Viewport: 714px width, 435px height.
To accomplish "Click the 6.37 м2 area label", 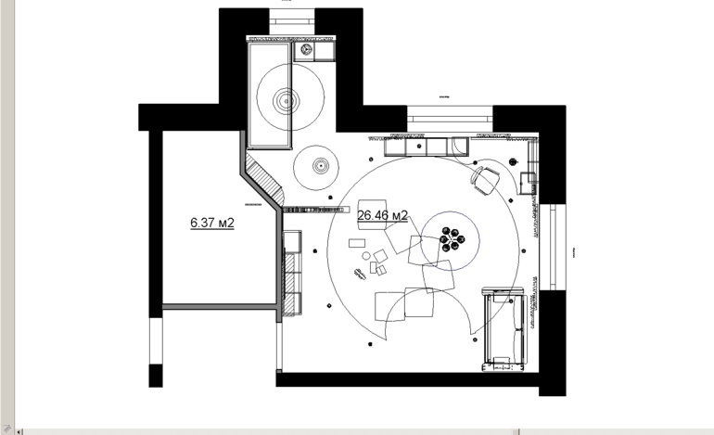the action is point(212,223).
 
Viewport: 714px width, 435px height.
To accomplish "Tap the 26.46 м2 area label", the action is point(382,215).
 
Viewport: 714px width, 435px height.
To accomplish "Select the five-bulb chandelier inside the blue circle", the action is point(453,239).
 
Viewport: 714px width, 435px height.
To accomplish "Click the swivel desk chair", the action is point(485,179).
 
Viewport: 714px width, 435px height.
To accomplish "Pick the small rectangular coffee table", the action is point(357,243).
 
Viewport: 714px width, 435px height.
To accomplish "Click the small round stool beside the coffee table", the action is point(366,256).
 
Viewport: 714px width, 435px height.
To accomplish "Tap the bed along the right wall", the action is point(504,329).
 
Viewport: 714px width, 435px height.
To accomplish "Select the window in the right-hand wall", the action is point(553,247).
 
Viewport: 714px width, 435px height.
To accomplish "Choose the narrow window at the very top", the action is point(292,22).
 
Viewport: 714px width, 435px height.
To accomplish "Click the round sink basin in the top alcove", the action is point(305,50).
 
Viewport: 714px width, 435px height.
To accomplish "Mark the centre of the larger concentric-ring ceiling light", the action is point(287,100).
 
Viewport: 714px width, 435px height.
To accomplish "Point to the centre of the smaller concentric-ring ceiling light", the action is point(320,166).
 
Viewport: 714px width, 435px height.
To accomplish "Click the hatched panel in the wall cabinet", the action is point(289,283).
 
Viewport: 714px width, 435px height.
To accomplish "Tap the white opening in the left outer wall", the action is point(156,340).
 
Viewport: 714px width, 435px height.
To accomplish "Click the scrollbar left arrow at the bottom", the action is point(19,431).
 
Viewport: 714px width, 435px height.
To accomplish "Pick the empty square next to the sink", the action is point(324,51).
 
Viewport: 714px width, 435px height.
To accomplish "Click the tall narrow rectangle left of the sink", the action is point(270,96).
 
